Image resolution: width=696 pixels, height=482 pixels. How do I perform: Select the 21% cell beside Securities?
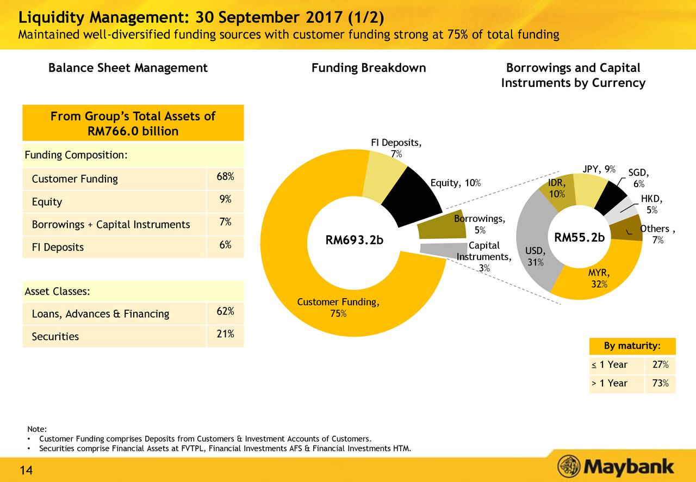click(x=225, y=334)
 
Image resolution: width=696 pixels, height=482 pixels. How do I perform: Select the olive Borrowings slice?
click(x=439, y=225)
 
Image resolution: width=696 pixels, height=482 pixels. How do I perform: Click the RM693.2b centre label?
click(x=354, y=239)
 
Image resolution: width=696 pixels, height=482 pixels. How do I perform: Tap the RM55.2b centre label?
click(x=579, y=238)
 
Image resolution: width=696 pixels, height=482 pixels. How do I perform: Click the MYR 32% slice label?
click(x=599, y=277)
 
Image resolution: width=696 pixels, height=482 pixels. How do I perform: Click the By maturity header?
click(x=632, y=347)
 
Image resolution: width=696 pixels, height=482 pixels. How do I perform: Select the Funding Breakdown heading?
click(x=368, y=68)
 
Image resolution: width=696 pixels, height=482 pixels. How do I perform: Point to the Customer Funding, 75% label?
click(x=339, y=308)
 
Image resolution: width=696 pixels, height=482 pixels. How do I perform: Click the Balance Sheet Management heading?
click(x=128, y=68)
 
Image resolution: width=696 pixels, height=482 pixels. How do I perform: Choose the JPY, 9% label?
click(x=599, y=169)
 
